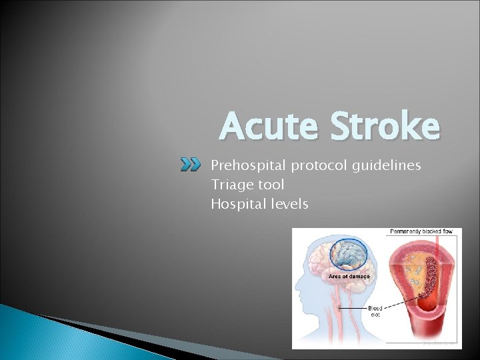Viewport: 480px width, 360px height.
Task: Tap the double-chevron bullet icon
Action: (x=191, y=165)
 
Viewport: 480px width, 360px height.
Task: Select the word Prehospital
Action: (x=244, y=165)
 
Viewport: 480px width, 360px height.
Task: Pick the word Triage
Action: (x=229, y=185)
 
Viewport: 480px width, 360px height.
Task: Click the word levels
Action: (x=287, y=204)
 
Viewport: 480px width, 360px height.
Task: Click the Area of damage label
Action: (x=349, y=276)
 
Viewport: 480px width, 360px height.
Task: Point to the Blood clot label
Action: (x=375, y=311)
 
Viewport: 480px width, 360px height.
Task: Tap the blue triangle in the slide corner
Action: (x=40, y=337)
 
